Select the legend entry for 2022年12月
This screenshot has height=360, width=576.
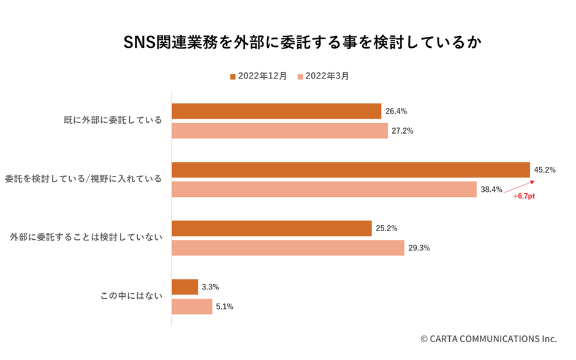point(258,77)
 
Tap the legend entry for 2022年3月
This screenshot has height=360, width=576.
point(323,77)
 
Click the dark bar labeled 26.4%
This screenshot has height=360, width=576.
point(276,111)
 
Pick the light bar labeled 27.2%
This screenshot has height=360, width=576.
point(279,131)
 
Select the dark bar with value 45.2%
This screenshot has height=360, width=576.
point(351,170)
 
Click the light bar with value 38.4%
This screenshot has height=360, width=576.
point(324,190)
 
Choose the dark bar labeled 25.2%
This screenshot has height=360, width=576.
point(271,228)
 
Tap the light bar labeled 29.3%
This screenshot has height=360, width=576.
point(287,248)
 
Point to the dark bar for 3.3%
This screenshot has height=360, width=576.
point(184,287)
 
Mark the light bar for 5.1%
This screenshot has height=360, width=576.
point(192,307)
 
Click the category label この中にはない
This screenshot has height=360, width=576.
point(131,296)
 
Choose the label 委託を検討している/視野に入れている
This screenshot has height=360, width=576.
point(83,179)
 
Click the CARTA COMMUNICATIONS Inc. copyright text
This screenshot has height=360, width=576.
point(488,339)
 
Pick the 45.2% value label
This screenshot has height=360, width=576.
point(545,170)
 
